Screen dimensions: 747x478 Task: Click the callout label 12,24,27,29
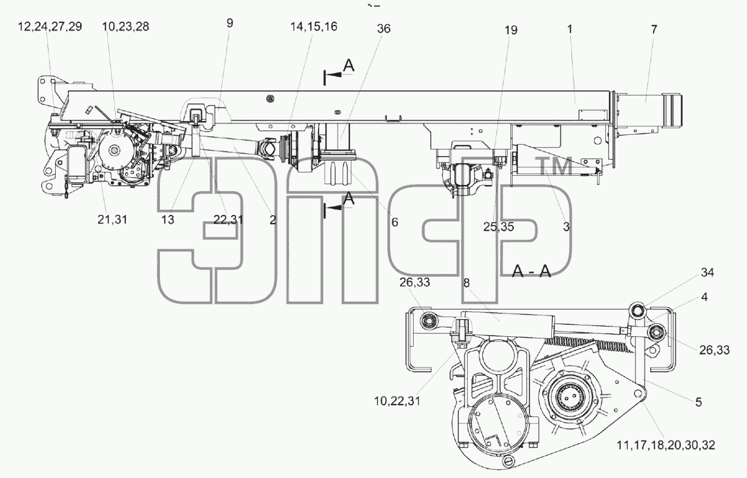[x=49, y=26]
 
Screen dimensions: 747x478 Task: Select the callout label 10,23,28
[x=125, y=26]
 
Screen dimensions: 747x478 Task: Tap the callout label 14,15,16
[x=314, y=26]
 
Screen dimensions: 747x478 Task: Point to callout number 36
[x=383, y=28]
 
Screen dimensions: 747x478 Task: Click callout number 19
[x=510, y=30]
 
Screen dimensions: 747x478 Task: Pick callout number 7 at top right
[x=654, y=30]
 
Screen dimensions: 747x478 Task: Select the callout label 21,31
[x=113, y=220]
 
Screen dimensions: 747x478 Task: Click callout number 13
[x=168, y=220]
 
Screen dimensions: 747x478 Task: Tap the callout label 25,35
[x=498, y=227]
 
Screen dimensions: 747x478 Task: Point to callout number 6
[x=394, y=222]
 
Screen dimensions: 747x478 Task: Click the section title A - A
[x=531, y=271]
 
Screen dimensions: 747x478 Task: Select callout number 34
[x=707, y=273]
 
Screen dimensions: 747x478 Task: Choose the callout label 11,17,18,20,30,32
[x=666, y=445]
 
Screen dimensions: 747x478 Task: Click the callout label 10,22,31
[x=397, y=401]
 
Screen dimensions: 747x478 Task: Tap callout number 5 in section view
[x=699, y=402]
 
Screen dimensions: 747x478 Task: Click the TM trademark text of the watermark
[x=555, y=166]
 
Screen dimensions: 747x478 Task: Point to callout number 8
[x=466, y=283]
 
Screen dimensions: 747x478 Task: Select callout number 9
[x=229, y=23]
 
